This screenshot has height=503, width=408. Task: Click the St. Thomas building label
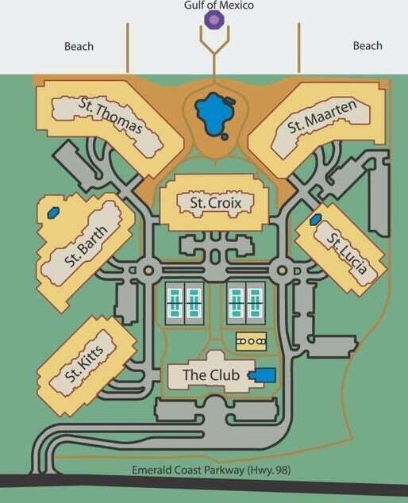[110, 116]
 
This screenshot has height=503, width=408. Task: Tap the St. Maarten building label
[321, 116]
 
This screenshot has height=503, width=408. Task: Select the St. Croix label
[216, 203]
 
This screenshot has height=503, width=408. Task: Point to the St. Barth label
[86, 246]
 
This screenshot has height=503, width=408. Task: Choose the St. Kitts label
[84, 364]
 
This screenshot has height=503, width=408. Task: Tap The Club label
[211, 374]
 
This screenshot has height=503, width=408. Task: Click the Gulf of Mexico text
[219, 5]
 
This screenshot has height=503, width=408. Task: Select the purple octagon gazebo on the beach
[214, 20]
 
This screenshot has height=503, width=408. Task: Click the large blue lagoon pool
[214, 114]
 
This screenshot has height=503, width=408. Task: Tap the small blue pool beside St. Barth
[53, 213]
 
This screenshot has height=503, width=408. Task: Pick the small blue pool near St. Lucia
[316, 220]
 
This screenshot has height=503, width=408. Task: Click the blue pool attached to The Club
[264, 375]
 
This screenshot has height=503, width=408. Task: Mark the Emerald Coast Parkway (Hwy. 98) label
[211, 470]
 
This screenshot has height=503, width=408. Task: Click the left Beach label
[79, 46]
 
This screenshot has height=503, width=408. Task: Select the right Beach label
[368, 45]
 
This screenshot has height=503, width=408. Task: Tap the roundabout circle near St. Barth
[148, 271]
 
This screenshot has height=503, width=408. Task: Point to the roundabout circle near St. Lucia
[282, 271]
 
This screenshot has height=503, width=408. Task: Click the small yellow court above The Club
[252, 341]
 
